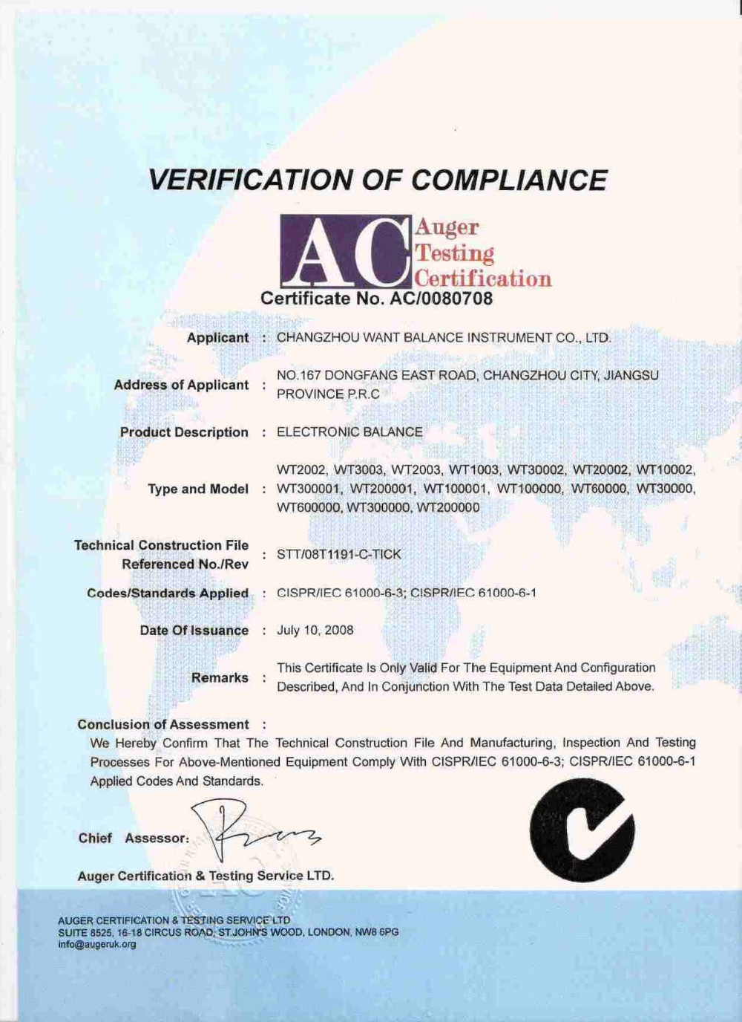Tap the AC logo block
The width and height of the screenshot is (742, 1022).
[345, 252]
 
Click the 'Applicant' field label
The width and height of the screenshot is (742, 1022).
[217, 338]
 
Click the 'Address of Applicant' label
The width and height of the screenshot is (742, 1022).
[181, 385]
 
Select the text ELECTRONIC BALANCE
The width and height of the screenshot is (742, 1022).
[349, 432]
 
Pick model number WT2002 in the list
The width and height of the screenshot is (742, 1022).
[301, 470]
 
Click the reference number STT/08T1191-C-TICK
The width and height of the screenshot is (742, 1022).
[338, 555]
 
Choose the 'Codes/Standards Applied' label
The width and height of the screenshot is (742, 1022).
[168, 593]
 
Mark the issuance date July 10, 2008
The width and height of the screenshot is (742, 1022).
[315, 631]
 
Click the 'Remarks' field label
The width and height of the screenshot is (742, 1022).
[220, 678]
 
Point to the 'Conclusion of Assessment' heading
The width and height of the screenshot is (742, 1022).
[163, 725]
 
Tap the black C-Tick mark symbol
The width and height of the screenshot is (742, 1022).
[582, 830]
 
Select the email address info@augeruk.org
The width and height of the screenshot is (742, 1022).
[97, 945]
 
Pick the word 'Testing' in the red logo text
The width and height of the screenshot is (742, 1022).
[455, 253]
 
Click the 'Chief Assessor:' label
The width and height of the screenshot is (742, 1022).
[134, 839]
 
